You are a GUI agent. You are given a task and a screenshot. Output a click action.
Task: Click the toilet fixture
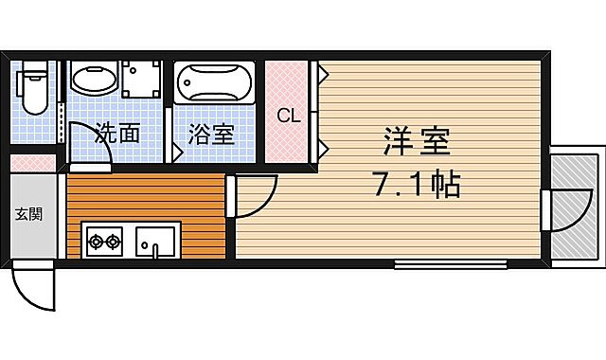34,88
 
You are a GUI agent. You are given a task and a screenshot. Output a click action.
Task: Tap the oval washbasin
92,82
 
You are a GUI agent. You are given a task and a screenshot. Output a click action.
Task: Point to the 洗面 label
116,133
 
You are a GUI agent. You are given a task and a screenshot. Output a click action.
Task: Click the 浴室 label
210,134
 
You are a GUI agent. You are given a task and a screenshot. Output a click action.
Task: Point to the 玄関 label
27,213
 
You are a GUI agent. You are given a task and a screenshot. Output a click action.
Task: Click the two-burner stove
103,243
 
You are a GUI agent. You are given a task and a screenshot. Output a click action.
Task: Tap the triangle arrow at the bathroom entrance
176,151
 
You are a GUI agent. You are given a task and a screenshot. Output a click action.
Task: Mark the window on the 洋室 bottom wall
450,264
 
